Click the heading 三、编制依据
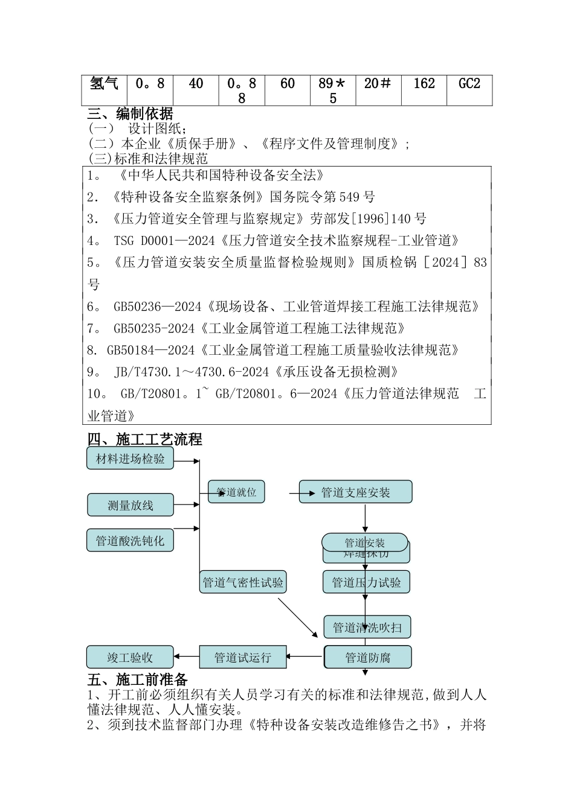click(130, 113)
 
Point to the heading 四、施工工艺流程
click(144, 439)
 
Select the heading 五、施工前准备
click(138, 679)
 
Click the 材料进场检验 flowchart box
click(130, 459)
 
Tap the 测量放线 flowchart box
click(130, 505)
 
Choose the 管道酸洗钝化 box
click(130, 541)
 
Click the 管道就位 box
click(236, 492)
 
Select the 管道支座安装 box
click(355, 492)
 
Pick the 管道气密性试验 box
click(243, 582)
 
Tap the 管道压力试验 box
click(366, 582)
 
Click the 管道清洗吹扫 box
click(367, 628)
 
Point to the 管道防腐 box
click(368, 657)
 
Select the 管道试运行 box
click(242, 657)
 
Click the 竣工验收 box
click(130, 657)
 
